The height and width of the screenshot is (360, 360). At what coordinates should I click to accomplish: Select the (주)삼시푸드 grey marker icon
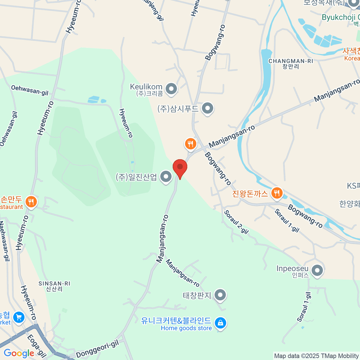[x=207, y=108]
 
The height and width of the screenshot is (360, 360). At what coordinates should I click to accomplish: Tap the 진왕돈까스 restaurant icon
[x=277, y=193]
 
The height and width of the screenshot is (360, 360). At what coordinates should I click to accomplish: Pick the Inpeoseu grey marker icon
[x=317, y=270]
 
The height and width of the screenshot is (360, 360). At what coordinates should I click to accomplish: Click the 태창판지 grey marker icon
[x=220, y=295]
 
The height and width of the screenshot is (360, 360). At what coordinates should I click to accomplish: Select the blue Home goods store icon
[x=220, y=323]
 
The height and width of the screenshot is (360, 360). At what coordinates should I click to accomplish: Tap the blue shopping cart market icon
[x=19, y=317]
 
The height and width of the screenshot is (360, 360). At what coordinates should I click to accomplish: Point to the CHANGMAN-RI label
[x=291, y=61]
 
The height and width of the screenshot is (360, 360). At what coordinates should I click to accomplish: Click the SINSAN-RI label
[x=54, y=283]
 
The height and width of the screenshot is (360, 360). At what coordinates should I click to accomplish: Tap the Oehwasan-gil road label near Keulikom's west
[x=30, y=90]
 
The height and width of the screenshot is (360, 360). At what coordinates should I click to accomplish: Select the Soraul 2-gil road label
[x=236, y=222]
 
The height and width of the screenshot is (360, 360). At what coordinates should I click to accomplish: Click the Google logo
[x=19, y=353]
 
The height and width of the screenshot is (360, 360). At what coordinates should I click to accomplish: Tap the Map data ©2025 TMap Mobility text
[x=316, y=356]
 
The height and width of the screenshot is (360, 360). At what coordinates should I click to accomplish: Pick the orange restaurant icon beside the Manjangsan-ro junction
[x=190, y=144]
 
